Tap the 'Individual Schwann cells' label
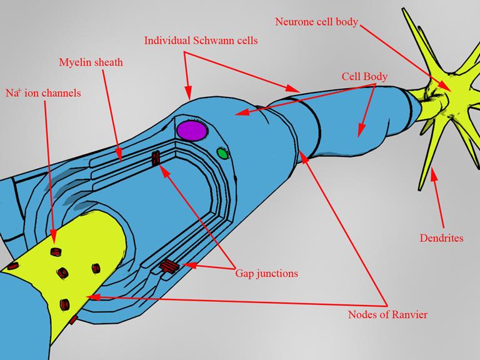(201, 41)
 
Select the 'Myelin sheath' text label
(91, 62)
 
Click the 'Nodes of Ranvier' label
(387, 314)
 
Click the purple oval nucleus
(191, 131)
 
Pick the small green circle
(221, 152)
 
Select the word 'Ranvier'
(408, 314)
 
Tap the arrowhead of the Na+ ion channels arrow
(54, 241)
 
